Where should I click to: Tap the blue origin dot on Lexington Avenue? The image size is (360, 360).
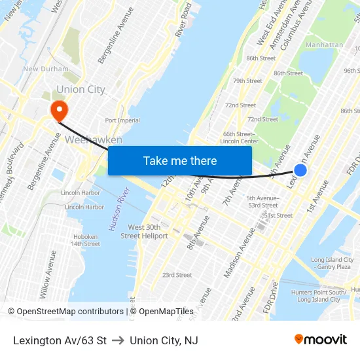300,170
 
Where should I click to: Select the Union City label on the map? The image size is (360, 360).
81,90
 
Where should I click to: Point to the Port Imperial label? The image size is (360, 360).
122,120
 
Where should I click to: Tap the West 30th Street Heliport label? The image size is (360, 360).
144,231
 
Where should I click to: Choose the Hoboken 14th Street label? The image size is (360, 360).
85,240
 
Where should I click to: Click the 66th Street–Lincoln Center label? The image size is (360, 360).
239,137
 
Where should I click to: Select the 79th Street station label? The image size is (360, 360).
247,81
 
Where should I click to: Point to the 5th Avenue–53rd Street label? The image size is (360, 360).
262,202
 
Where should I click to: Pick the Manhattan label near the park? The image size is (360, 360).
325,45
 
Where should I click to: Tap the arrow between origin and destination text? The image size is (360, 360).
118,340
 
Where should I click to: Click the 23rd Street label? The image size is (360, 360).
177,275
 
